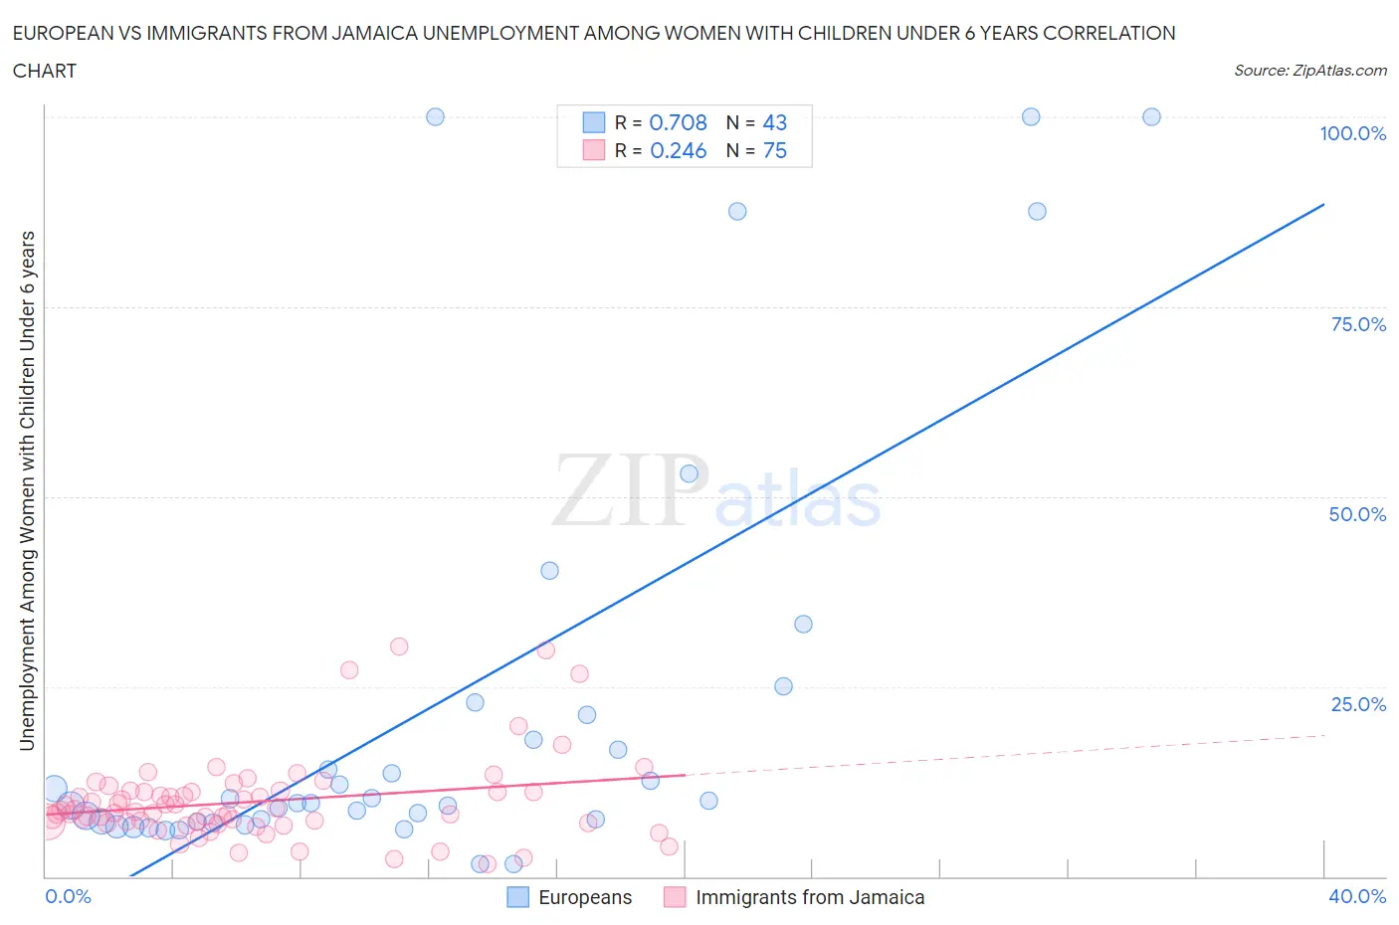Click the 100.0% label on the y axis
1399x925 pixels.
pos(1352,133)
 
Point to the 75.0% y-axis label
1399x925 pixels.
pos(1357,324)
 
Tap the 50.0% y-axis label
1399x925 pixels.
pos(1356,514)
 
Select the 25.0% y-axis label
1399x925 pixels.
pos(1357,704)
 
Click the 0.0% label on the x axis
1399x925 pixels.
pos(68,896)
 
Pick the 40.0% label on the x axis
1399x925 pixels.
pos(1356,896)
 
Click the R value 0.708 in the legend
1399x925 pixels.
pos(678,122)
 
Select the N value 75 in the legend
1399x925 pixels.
pos(774,150)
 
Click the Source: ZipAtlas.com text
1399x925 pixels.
pos(1309,70)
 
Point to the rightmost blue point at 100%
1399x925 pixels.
pos(1151,116)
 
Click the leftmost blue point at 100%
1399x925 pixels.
pos(435,116)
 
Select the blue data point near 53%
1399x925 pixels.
pos(689,473)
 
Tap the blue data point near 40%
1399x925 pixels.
pos(549,571)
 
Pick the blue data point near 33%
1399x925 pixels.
pos(803,624)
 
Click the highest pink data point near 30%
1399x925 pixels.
pos(399,647)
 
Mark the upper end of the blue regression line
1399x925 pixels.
pos(1323,204)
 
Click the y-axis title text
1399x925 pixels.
pos(28,490)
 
